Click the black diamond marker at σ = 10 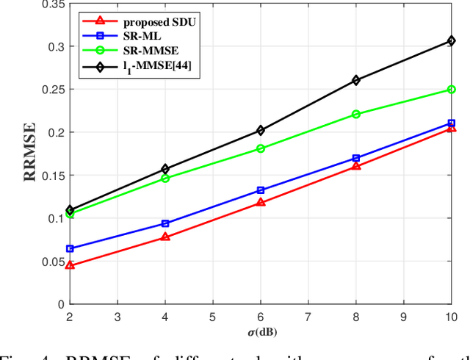(451, 41)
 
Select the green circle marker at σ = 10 (451, 90)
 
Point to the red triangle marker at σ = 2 (69, 265)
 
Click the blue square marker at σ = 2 (69, 248)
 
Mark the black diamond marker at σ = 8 (355, 80)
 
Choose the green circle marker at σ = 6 (260, 148)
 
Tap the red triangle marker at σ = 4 (164, 237)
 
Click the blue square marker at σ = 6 (260, 190)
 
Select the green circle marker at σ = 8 (355, 114)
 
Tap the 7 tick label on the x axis (308, 316)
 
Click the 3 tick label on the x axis (117, 316)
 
